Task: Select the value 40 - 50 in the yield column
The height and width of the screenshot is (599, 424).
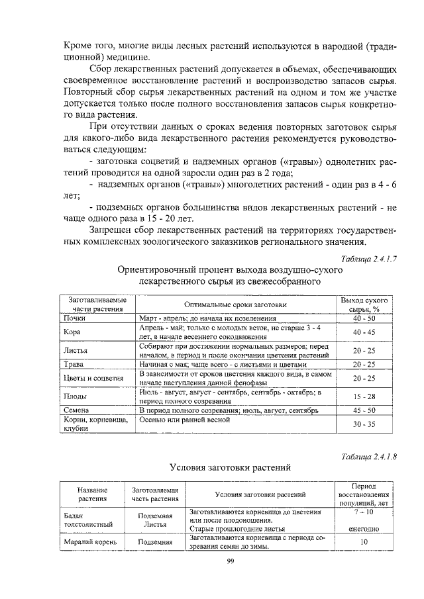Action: pos(364,318)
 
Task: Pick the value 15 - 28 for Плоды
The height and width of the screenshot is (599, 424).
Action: pos(364,396)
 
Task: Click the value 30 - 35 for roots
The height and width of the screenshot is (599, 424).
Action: pos(364,424)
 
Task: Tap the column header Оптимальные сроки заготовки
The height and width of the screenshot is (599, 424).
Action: pos(235,304)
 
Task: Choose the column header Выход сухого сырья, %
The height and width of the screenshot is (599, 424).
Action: pos(364,304)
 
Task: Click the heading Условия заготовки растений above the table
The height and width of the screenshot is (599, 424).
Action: pos(229,467)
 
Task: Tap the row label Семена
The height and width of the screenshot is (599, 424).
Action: pos(76,410)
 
